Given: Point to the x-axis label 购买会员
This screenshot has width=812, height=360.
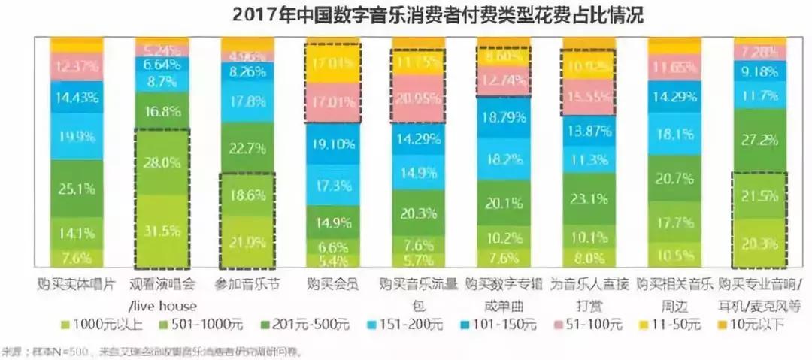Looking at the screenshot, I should point(333,285).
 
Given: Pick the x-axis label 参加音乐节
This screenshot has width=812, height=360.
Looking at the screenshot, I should point(247,285).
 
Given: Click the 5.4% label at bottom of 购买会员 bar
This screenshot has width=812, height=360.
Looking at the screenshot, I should point(333,260).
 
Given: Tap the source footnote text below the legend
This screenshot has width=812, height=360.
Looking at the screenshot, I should point(150,351).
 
